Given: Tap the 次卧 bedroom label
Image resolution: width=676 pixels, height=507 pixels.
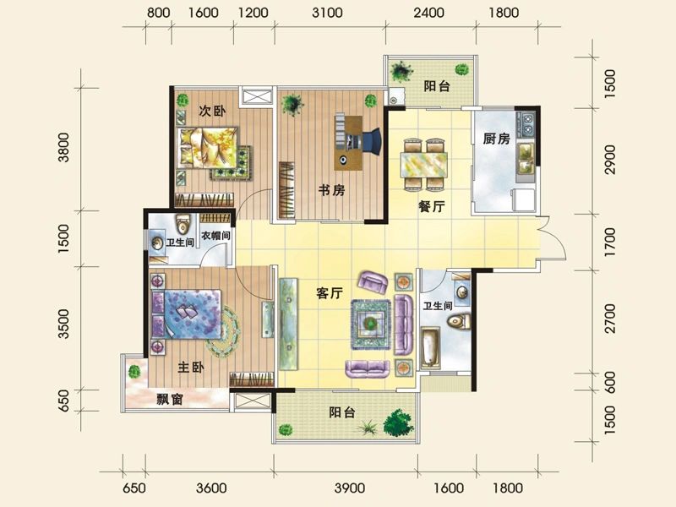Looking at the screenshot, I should [212, 111].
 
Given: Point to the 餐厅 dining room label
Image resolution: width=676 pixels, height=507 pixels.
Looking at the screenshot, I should [432, 205].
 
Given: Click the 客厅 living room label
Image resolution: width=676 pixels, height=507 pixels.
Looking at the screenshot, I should [329, 293].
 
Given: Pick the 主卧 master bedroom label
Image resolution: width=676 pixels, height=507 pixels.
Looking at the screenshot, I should [191, 368].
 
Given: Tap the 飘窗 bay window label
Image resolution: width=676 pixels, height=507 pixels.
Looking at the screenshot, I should [171, 400].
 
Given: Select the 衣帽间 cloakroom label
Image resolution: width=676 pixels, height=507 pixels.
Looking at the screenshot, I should [216, 237].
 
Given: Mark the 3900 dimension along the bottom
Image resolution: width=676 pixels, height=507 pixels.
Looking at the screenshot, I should [349, 488].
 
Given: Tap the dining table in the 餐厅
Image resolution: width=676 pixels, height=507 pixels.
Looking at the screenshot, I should [423, 161].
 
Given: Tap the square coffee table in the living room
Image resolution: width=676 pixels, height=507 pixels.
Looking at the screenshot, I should [369, 322].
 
